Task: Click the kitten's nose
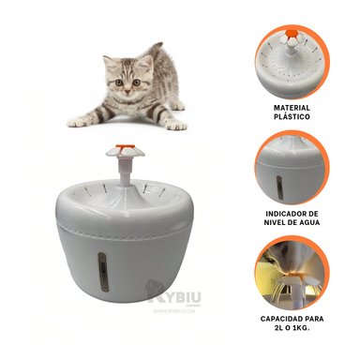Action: (127, 91)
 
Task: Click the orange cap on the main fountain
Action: (125, 146)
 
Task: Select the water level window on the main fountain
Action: (104, 272)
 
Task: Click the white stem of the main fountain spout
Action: (125, 172)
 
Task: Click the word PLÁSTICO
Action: (292, 116)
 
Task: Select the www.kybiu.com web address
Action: (174, 311)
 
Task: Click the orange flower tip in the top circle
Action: (292, 32)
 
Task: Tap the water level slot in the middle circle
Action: (279, 187)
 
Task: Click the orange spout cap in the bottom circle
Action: (294, 275)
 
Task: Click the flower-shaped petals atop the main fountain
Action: (125, 151)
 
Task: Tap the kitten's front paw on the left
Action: (77, 122)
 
